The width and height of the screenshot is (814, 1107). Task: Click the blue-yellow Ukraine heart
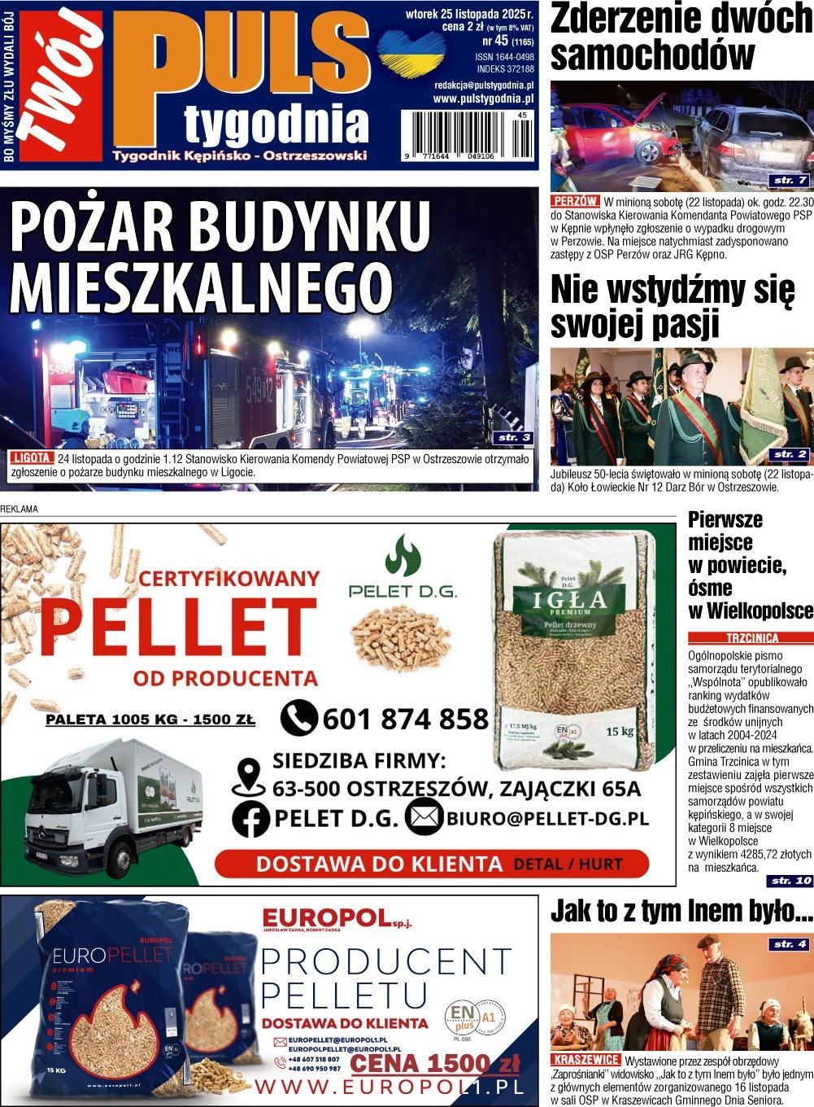411,52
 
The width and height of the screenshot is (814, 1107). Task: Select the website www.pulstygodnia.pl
483,98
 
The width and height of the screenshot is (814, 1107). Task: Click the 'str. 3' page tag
514,438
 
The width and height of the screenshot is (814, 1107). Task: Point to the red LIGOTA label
33,458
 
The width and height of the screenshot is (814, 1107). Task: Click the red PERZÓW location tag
576,201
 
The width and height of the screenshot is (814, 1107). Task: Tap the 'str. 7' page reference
790,180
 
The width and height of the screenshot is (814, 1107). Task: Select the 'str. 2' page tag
790,454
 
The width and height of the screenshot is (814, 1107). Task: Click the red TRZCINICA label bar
751,638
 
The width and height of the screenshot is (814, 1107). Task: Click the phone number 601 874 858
405,720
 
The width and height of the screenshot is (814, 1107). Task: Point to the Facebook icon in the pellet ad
250,819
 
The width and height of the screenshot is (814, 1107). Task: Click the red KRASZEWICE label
585,1060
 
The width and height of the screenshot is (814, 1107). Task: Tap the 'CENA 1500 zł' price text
434,1064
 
